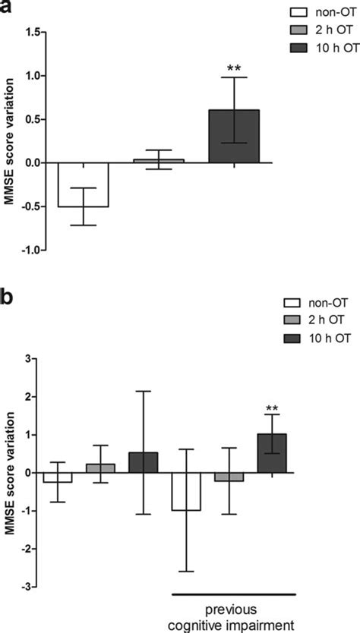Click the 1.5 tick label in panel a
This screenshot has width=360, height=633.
(32, 33)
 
